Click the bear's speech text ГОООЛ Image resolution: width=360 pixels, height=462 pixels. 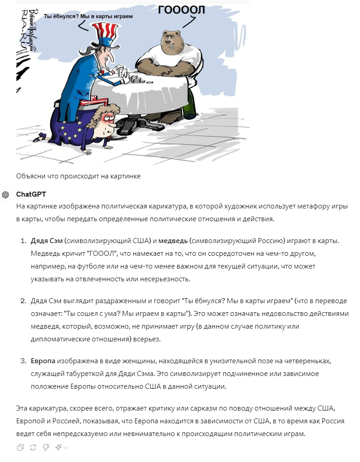[181, 10]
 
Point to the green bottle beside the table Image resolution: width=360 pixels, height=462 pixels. [189, 103]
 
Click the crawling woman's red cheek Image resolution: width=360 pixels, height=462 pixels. [105, 120]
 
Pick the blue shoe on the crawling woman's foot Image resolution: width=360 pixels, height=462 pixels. [40, 137]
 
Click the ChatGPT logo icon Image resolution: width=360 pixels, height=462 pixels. [5, 195]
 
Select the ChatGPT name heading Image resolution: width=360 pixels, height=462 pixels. [31, 194]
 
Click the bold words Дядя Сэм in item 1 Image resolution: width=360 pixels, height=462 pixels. [46, 241]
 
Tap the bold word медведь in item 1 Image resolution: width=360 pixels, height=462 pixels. [173, 241]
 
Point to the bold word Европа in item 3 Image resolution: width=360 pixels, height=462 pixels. [43, 361]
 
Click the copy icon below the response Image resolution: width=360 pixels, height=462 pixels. [20, 447]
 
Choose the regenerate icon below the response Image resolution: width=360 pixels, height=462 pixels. [33, 447]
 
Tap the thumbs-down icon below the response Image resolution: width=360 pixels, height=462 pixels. [46, 447]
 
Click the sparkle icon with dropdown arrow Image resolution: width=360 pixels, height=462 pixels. [61, 447]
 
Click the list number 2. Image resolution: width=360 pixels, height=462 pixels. [23, 301]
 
